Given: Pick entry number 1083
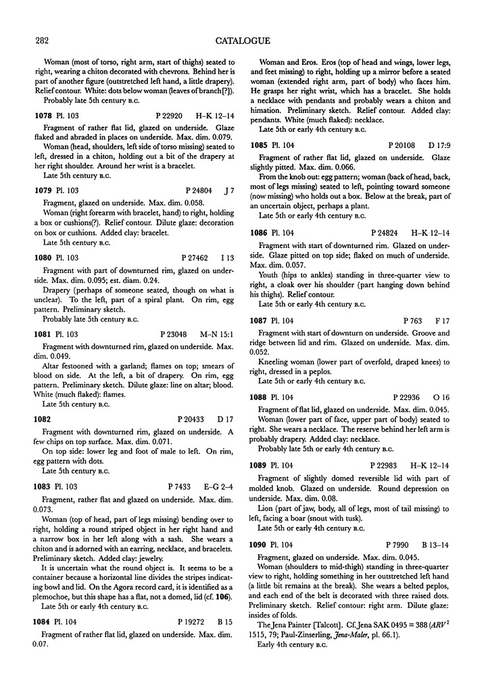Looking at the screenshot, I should click(45, 486).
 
